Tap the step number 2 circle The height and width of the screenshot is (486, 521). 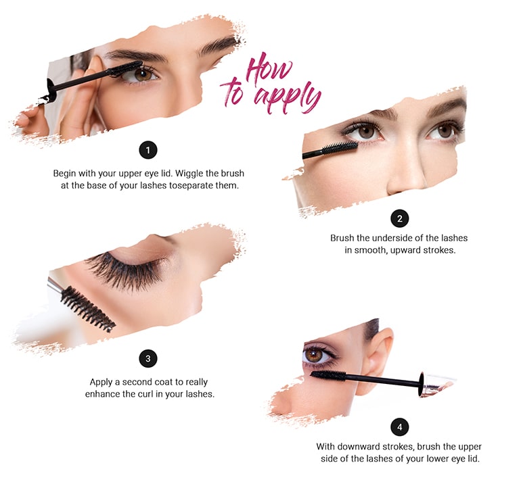tap(400, 218)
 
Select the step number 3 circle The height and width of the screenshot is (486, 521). tap(147, 358)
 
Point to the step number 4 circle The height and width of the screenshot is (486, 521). tap(400, 427)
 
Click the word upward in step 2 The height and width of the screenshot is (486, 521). tap(415, 250)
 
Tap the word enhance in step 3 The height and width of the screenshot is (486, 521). tap(104, 393)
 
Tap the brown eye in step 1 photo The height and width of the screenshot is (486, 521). tap(143, 75)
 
